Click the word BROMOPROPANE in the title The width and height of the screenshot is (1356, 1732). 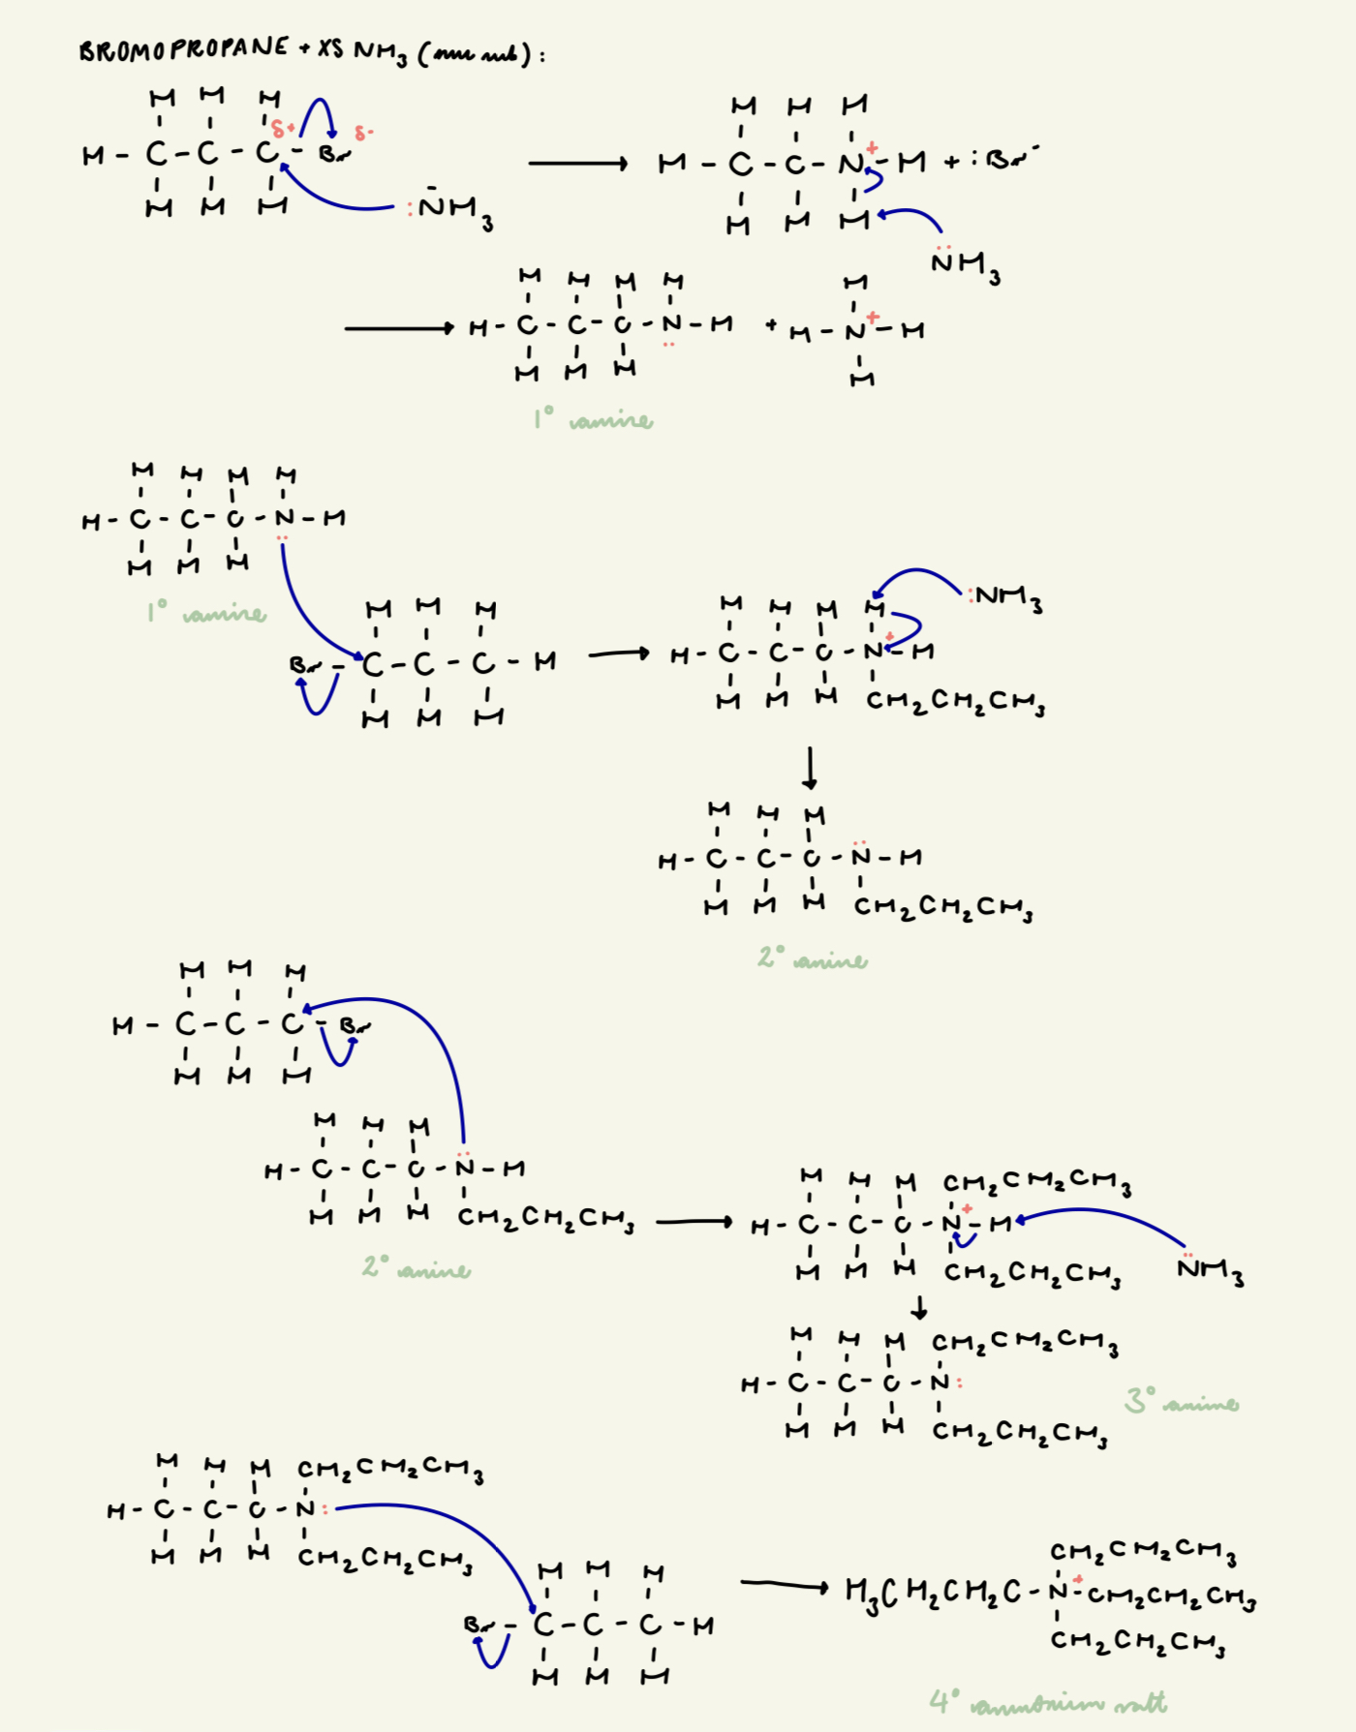coord(184,49)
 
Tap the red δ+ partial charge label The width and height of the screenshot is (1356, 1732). coord(282,129)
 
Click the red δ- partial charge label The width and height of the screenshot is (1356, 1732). coord(363,133)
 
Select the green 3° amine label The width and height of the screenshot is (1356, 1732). coord(1181,1402)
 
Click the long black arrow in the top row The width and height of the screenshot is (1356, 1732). coord(578,164)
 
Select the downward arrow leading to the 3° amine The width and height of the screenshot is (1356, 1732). coord(919,1308)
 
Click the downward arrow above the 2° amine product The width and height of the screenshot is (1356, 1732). coord(810,768)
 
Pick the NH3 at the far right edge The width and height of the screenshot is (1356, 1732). coord(1211,1269)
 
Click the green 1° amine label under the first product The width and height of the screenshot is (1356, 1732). coord(593,419)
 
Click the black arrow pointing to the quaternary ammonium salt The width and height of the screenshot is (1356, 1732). coord(785,1585)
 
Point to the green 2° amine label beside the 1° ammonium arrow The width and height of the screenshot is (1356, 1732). coord(416,1267)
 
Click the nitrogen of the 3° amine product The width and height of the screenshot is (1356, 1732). coord(939,1382)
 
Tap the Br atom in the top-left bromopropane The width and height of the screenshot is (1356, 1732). coord(331,153)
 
